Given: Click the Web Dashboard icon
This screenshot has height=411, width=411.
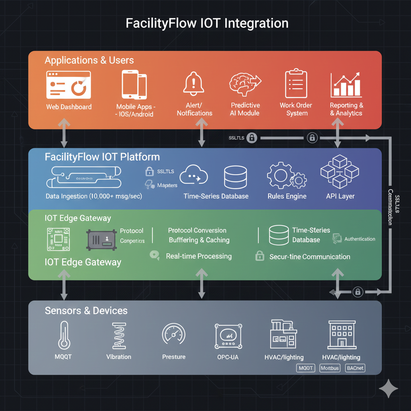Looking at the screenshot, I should coord(68,85).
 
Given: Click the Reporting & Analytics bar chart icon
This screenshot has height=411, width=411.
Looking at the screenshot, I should coord(346,85).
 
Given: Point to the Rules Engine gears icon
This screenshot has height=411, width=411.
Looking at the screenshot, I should coord(287,176).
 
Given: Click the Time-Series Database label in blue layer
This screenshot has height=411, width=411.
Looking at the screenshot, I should coord(216,196).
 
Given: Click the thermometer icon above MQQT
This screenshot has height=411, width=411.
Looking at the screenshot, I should coord(63,335).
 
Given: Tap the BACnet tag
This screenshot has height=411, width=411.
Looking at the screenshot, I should coord(355,368).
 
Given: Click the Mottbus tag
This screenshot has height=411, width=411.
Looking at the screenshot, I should coord(330,368).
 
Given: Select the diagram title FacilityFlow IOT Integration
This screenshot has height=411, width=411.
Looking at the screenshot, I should coord(207,23).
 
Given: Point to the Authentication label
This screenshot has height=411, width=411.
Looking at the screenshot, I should coord(360,239).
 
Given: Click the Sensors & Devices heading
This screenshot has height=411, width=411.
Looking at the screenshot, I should coord(86,311).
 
